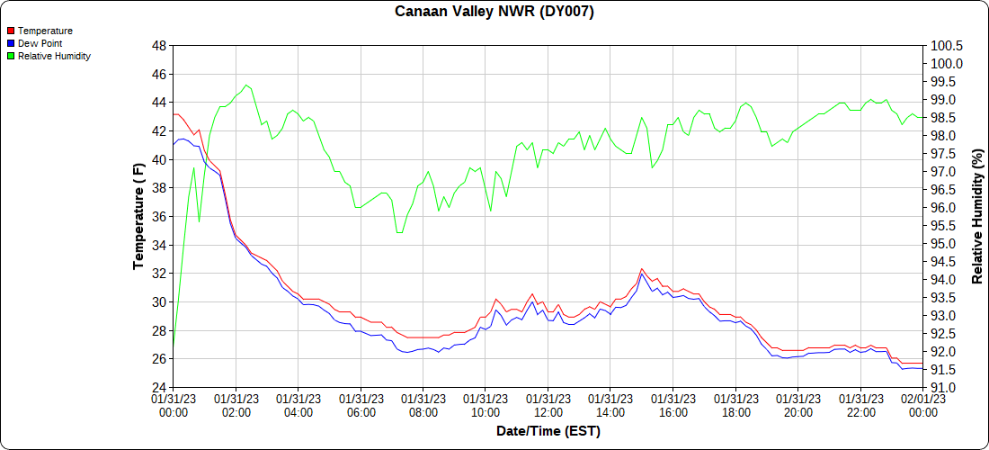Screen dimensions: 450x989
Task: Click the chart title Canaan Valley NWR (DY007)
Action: tap(494, 12)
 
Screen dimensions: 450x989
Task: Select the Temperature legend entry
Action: tap(45, 31)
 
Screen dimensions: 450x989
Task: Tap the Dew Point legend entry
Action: tap(40, 43)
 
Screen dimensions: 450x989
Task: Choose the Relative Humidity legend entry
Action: tap(53, 56)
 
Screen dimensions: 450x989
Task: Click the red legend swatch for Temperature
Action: tap(11, 31)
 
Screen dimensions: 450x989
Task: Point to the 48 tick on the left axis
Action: tap(158, 45)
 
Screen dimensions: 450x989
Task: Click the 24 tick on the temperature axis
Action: tap(158, 388)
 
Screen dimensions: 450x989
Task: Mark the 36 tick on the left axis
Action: tap(158, 217)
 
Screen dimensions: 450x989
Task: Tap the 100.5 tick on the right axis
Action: tap(947, 45)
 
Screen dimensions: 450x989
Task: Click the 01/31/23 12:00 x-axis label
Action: tap(548, 405)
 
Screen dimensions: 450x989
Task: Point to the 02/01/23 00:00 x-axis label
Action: tap(922, 405)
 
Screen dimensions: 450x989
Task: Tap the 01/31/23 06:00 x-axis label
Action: tap(361, 405)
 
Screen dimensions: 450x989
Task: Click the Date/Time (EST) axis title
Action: tap(548, 431)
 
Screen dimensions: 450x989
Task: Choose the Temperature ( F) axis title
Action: tap(138, 217)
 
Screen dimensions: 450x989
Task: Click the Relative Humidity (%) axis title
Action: tap(977, 217)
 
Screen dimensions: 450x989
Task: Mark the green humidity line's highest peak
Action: tap(246, 85)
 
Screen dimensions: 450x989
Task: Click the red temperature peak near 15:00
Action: tap(642, 269)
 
